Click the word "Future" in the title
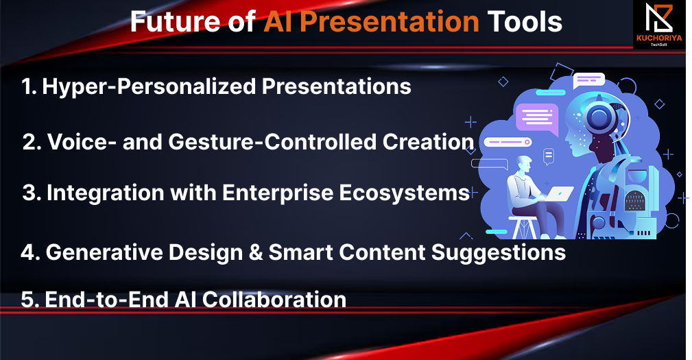(175, 21)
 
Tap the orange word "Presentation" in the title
(390, 22)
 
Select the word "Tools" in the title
(525, 22)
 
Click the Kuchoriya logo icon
(659, 18)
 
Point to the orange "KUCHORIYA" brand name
(659, 38)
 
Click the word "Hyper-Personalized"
(149, 87)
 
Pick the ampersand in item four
(256, 253)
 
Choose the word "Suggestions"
(499, 253)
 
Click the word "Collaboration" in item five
(274, 300)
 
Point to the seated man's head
(524, 165)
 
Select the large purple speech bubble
(537, 118)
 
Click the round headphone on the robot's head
(599, 116)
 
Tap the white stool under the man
(525, 227)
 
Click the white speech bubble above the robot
(588, 80)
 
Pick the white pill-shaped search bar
(508, 142)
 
